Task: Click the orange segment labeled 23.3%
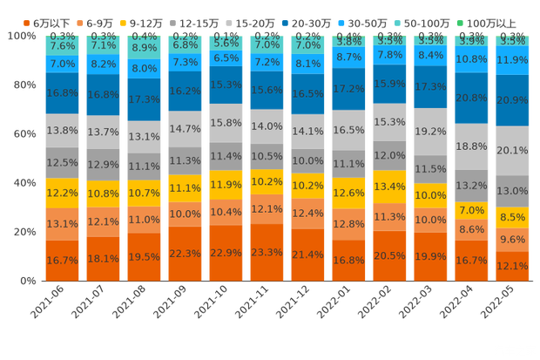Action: point(267,251)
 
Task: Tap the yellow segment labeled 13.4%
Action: point(389,187)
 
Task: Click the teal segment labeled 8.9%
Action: point(145,47)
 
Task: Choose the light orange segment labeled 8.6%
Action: point(472,229)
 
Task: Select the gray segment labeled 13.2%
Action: point(472,185)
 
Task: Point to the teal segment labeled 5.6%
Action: point(226,43)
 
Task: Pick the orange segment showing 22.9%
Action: point(226,253)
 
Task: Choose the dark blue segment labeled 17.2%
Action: point(348,89)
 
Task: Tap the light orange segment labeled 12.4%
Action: point(307,213)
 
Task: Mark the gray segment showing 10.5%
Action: point(267,156)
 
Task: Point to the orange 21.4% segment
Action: point(307,254)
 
